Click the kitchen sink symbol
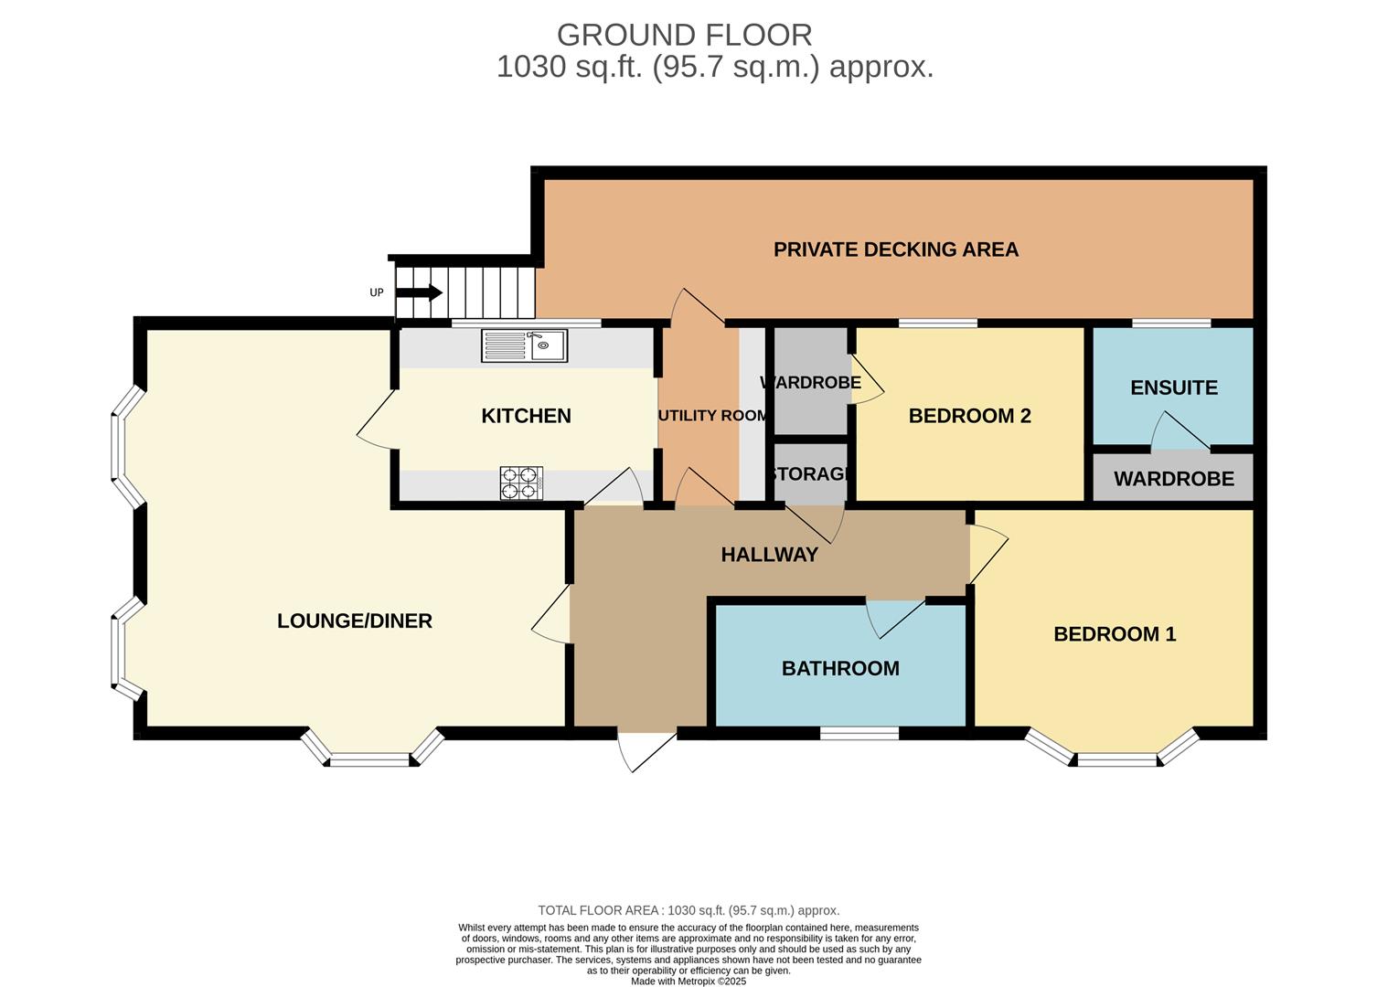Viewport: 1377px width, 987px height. [525, 345]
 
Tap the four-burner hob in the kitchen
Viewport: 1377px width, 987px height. [521, 483]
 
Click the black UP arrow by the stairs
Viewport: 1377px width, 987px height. [420, 292]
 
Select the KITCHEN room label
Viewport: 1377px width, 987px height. [526, 416]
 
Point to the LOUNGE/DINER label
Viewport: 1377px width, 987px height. [355, 621]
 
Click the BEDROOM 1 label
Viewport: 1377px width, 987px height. [1115, 633]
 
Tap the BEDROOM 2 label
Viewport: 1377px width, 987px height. [969, 416]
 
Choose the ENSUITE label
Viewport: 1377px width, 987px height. [1173, 387]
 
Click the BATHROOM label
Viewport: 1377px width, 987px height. [840, 668]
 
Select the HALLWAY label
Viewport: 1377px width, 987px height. [769, 554]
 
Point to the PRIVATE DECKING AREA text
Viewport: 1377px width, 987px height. [895, 249]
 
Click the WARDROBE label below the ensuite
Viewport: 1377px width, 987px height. [1173, 479]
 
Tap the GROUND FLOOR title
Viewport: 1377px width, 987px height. [684, 35]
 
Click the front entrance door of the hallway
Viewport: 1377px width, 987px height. [646, 749]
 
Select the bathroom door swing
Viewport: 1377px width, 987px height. [894, 619]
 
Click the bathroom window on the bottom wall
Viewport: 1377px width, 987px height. [859, 732]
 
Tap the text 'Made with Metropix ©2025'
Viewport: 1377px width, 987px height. [688, 981]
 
